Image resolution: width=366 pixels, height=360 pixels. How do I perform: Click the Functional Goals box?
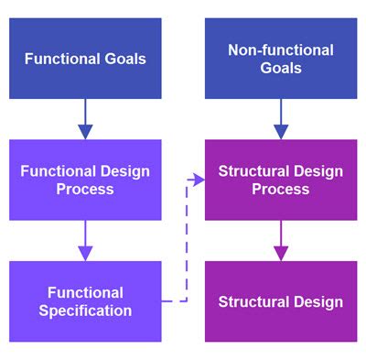point(85,59)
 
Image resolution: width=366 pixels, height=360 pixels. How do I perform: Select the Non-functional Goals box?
point(280,59)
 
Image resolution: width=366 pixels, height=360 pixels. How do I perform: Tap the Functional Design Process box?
point(85,180)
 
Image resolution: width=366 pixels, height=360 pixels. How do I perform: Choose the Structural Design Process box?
point(280,180)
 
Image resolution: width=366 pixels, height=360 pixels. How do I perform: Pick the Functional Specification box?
point(85,301)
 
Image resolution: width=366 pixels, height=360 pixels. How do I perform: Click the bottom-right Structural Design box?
point(280,301)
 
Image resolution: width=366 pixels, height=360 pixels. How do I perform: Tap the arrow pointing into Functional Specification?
point(85,241)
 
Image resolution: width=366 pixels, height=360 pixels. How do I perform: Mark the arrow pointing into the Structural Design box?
point(280,241)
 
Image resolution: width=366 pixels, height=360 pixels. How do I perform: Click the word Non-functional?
point(280,49)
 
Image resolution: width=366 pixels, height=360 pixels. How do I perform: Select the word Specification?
point(86,311)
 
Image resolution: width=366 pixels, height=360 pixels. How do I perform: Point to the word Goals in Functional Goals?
point(124,60)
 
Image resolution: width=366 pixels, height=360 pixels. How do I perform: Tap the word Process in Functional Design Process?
point(85,189)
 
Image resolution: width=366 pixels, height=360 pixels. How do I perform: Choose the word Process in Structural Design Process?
point(280,189)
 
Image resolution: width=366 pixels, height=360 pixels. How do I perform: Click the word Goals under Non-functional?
point(280,69)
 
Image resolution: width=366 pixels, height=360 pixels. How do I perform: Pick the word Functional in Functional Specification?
point(86,293)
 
